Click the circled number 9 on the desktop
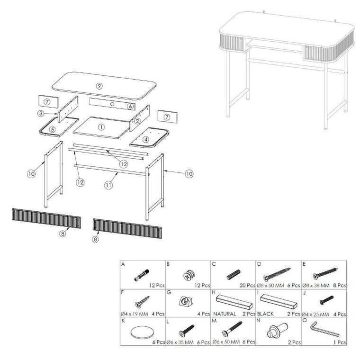coord(99,86)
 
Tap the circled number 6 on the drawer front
coord(130,106)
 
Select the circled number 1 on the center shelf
coord(101,127)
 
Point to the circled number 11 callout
coord(108,185)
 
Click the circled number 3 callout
coord(41,113)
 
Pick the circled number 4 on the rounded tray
coord(146,139)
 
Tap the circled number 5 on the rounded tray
coord(53,129)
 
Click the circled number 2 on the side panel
coord(137,121)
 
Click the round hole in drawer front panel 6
coord(112,104)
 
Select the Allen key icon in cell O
coord(324,330)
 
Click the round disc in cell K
coord(141,332)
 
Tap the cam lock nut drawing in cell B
coord(189,275)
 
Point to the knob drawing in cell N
coord(278,330)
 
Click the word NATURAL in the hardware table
coord(225,314)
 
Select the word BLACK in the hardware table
coord(265,314)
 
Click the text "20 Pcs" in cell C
coord(247,285)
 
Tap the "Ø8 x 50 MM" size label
coord(270,285)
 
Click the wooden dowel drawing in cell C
coord(233,274)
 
